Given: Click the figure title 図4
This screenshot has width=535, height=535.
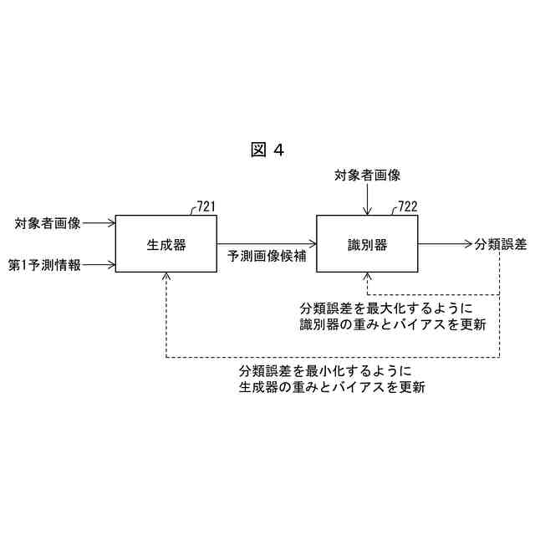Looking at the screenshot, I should (267, 150).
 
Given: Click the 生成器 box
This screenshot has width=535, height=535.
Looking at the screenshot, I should (166, 245).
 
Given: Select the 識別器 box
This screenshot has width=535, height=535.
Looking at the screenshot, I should (367, 245).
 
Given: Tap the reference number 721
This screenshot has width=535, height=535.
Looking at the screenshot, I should (207, 206).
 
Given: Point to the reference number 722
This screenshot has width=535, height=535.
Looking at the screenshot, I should (407, 206).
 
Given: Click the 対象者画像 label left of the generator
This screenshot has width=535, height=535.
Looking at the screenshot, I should (48, 223).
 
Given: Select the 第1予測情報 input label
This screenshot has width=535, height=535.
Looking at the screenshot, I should (44, 265).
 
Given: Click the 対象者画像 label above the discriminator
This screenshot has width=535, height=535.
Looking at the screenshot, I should (367, 176).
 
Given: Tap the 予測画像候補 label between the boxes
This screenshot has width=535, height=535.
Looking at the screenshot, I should (267, 257).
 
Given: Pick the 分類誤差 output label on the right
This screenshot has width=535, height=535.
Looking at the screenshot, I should (500, 244).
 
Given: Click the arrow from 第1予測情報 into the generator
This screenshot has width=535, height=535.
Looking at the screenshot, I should (99, 265).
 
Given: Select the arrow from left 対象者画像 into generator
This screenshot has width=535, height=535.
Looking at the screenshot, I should (99, 223).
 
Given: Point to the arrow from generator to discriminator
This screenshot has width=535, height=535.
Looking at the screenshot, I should (267, 244).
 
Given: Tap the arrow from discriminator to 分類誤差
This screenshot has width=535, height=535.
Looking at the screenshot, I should (444, 244).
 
